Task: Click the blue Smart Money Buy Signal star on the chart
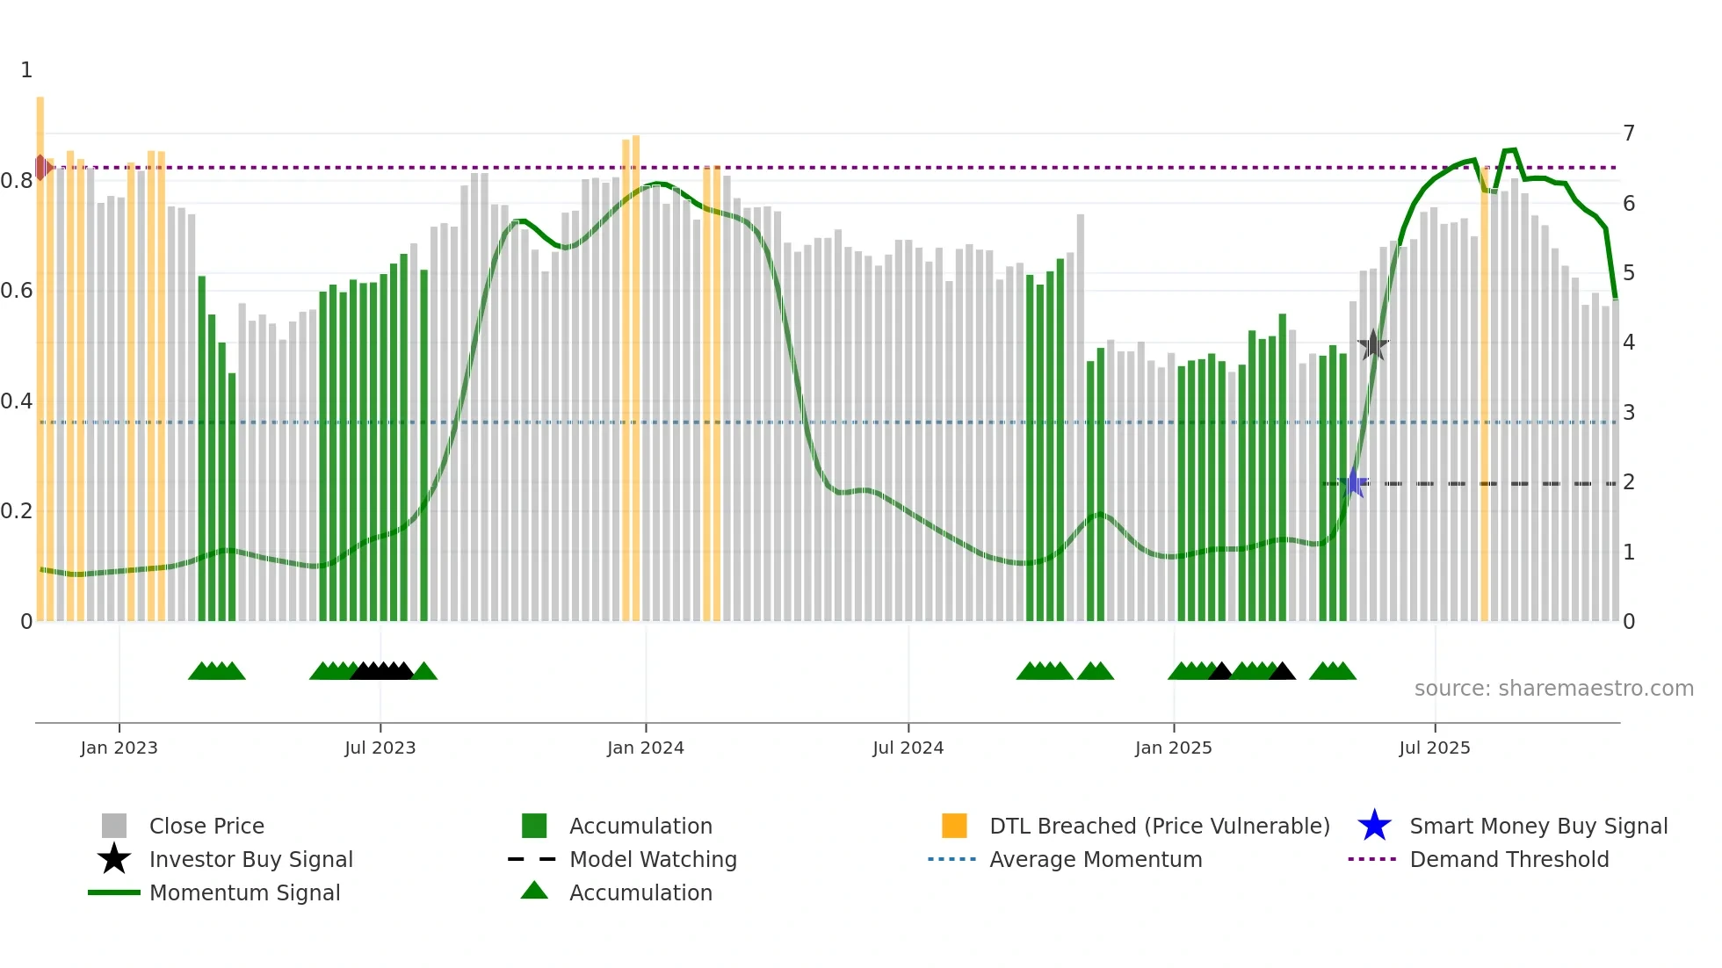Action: click(x=1355, y=482)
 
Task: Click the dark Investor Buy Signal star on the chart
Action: click(x=1373, y=345)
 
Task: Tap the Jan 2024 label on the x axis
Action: click(x=645, y=748)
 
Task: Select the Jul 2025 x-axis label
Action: click(x=1434, y=748)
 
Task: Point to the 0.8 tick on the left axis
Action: click(x=17, y=181)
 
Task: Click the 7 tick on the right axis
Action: click(x=1629, y=134)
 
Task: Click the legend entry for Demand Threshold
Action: click(x=1509, y=859)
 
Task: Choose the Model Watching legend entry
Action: click(x=653, y=859)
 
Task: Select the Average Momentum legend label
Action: click(x=1095, y=859)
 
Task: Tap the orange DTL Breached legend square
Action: click(x=954, y=826)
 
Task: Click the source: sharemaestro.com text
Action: click(x=1553, y=689)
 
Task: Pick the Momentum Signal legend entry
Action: click(x=244, y=892)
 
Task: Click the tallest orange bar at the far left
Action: click(x=40, y=351)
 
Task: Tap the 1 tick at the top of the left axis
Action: click(x=26, y=70)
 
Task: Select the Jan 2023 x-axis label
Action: click(x=119, y=748)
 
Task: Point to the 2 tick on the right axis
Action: click(x=1629, y=482)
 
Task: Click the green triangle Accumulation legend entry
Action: click(x=640, y=892)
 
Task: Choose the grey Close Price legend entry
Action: click(x=206, y=826)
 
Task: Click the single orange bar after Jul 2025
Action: click(x=1485, y=395)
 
